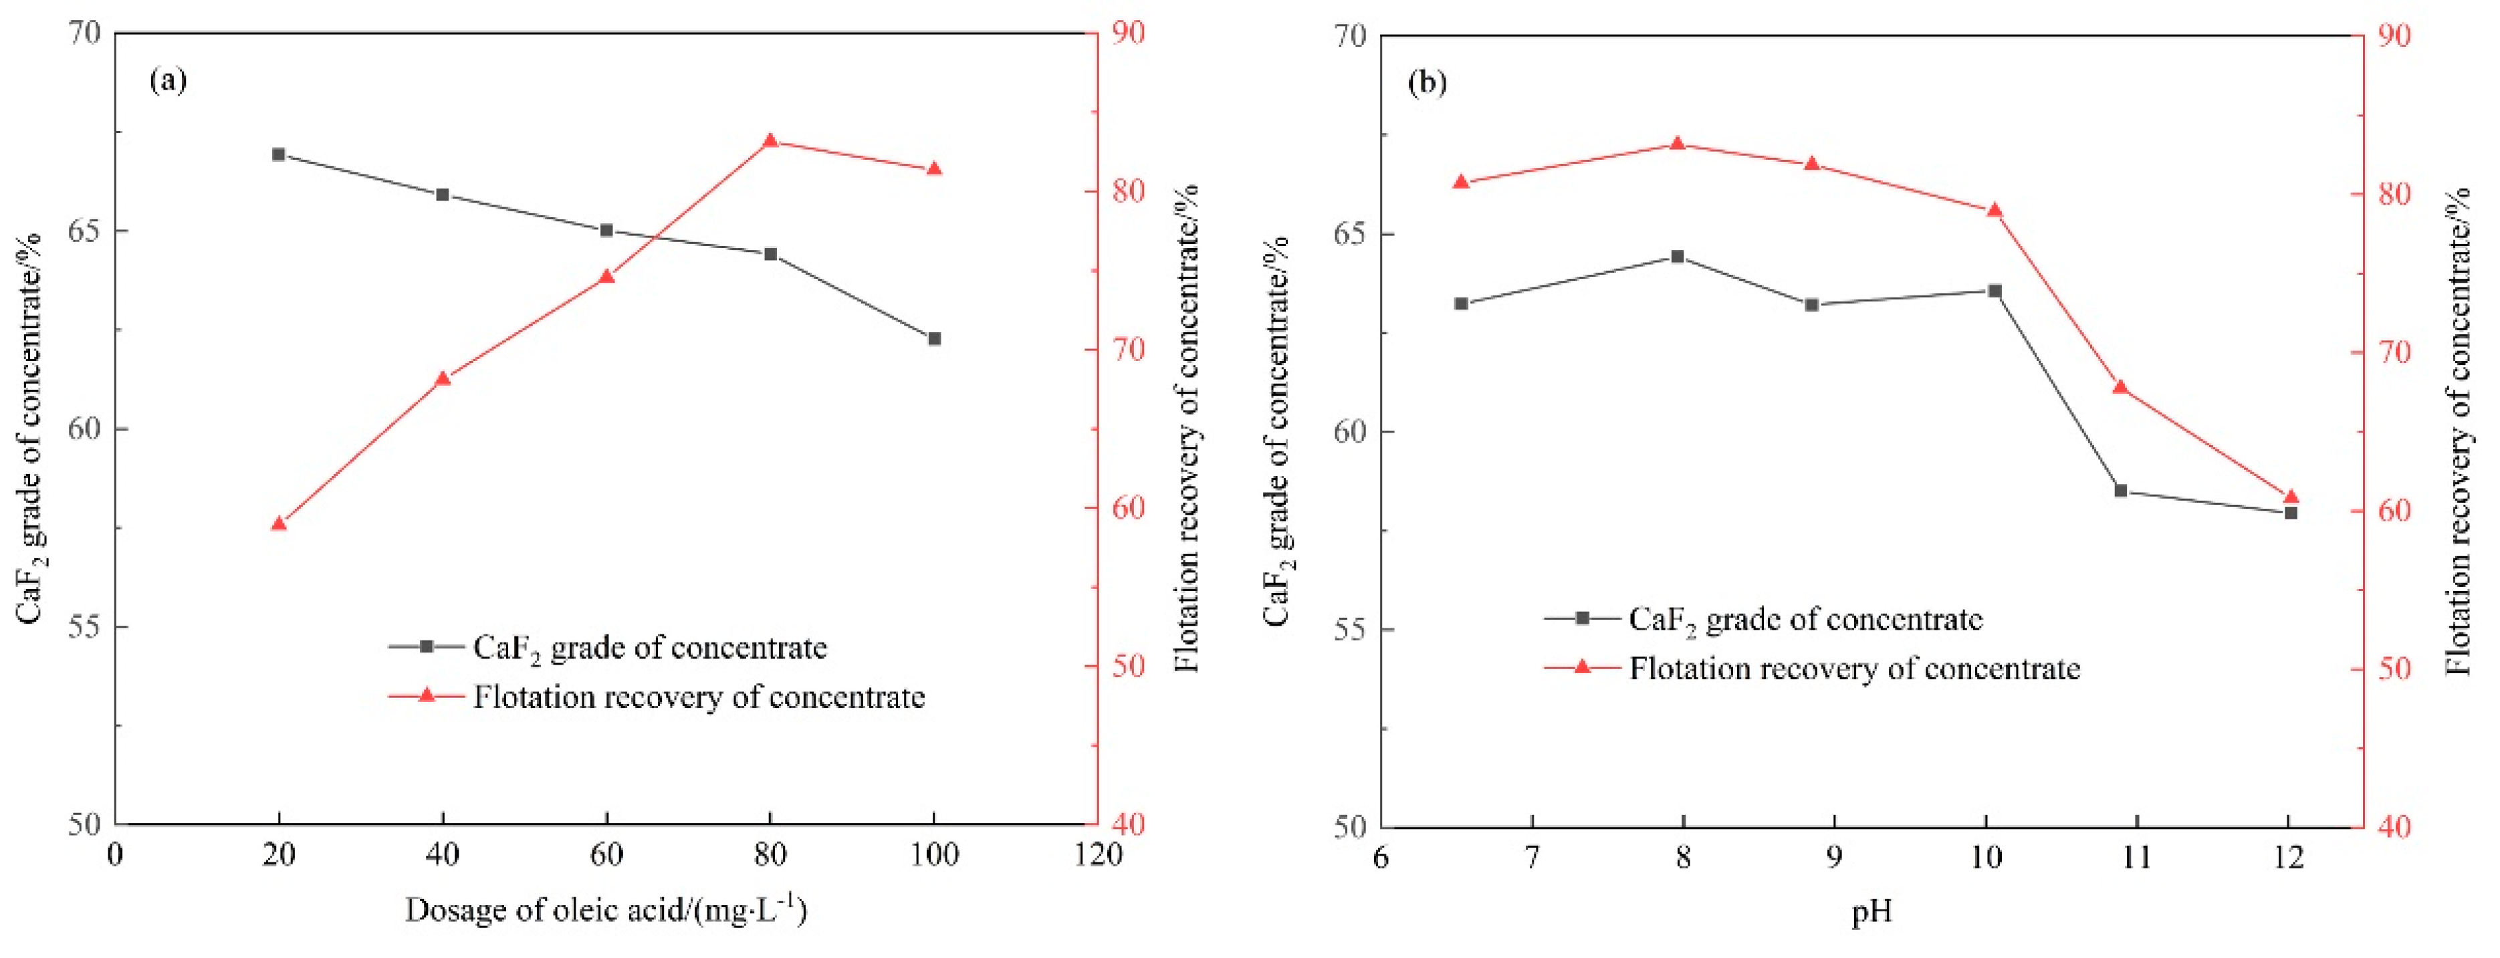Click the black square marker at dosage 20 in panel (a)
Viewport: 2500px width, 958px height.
pyautogui.click(x=279, y=154)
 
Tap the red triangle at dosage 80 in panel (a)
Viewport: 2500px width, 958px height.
pyautogui.click(x=770, y=142)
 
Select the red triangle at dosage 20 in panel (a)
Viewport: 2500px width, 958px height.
pyautogui.click(x=279, y=524)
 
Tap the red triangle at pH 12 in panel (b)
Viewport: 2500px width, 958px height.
pyautogui.click(x=2291, y=497)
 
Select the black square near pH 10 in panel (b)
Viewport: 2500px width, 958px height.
pyautogui.click(x=1995, y=290)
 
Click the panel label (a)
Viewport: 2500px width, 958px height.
pyautogui.click(x=168, y=80)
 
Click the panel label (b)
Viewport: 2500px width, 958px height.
pyautogui.click(x=1427, y=82)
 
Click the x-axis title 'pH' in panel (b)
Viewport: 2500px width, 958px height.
pyautogui.click(x=1871, y=913)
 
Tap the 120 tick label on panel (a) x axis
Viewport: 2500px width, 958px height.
pyautogui.click(x=1099, y=855)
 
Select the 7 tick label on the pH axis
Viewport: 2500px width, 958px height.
pyautogui.click(x=1531, y=858)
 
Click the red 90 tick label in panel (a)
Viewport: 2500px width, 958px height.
pyautogui.click(x=1128, y=33)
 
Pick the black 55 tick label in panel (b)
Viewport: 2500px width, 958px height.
pyautogui.click(x=1349, y=629)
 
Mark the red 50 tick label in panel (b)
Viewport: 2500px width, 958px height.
pyautogui.click(x=2393, y=669)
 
